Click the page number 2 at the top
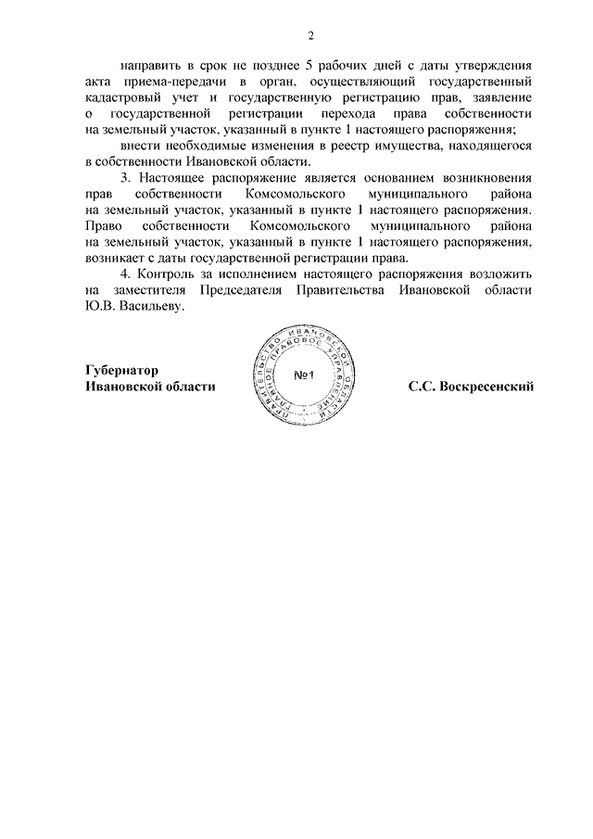[x=311, y=36]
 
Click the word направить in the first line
[x=151, y=66]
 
